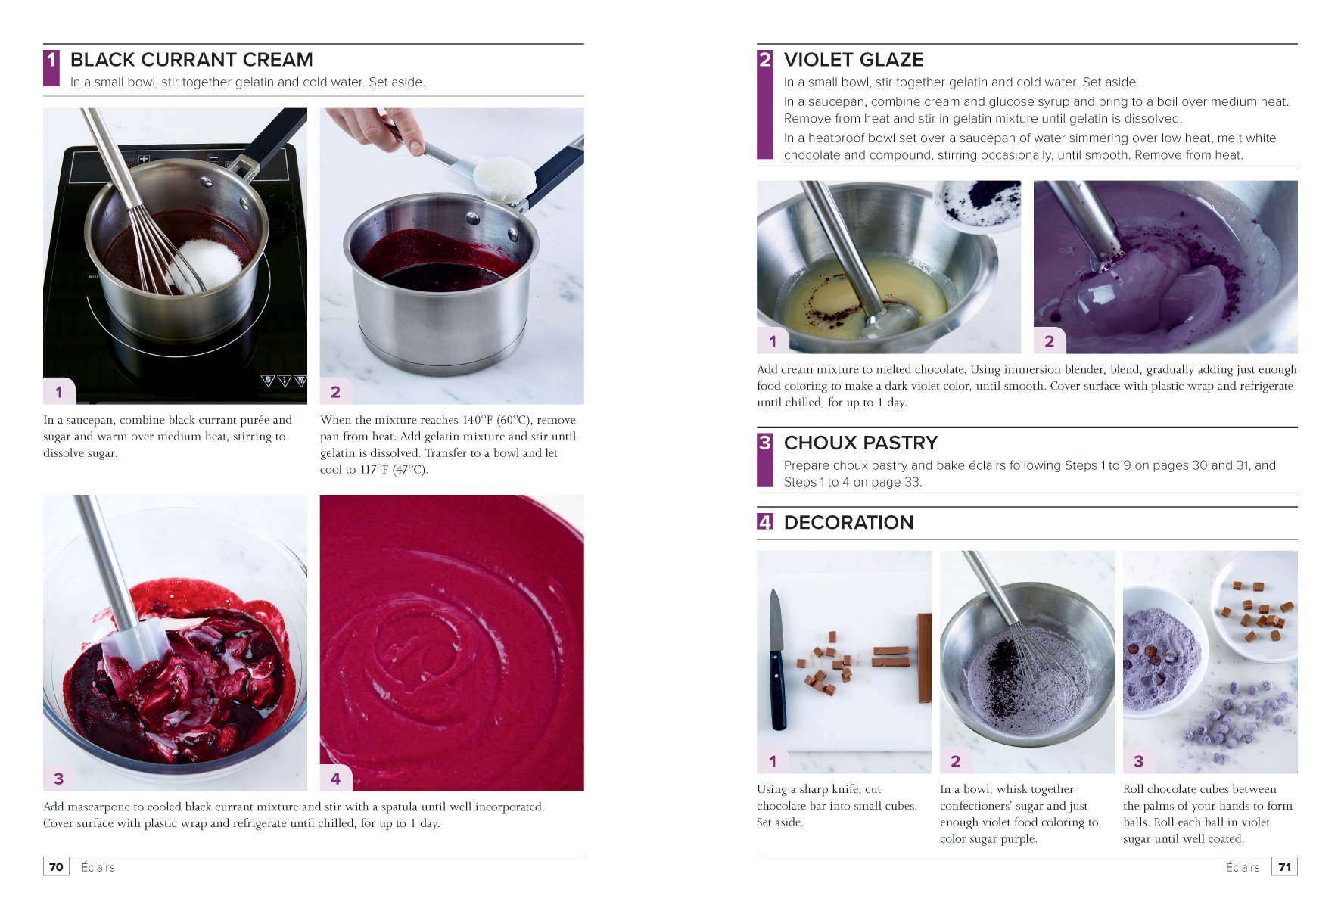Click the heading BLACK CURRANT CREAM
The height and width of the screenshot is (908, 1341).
pyautogui.click(x=191, y=60)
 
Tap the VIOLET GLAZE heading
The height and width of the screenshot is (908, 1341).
pyautogui.click(x=853, y=60)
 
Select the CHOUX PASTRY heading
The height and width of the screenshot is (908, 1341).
pyautogui.click(x=860, y=443)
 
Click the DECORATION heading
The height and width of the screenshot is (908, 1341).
pyautogui.click(x=848, y=522)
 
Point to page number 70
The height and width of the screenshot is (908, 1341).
pyautogui.click(x=56, y=867)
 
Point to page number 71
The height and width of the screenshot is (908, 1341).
pyautogui.click(x=1284, y=867)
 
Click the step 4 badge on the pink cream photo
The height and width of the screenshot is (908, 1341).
pyautogui.click(x=335, y=778)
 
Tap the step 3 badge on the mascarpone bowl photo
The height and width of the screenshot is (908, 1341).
pyautogui.click(x=59, y=778)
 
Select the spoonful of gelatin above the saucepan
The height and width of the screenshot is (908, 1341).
pyautogui.click(x=503, y=179)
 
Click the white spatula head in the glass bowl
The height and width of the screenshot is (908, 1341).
pyautogui.click(x=136, y=643)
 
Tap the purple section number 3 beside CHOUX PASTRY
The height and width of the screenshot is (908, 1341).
pyautogui.click(x=764, y=443)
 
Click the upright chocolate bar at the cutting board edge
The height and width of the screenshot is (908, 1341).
pyautogui.click(x=923, y=658)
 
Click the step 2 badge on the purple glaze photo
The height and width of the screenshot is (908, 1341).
pyautogui.click(x=1049, y=341)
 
